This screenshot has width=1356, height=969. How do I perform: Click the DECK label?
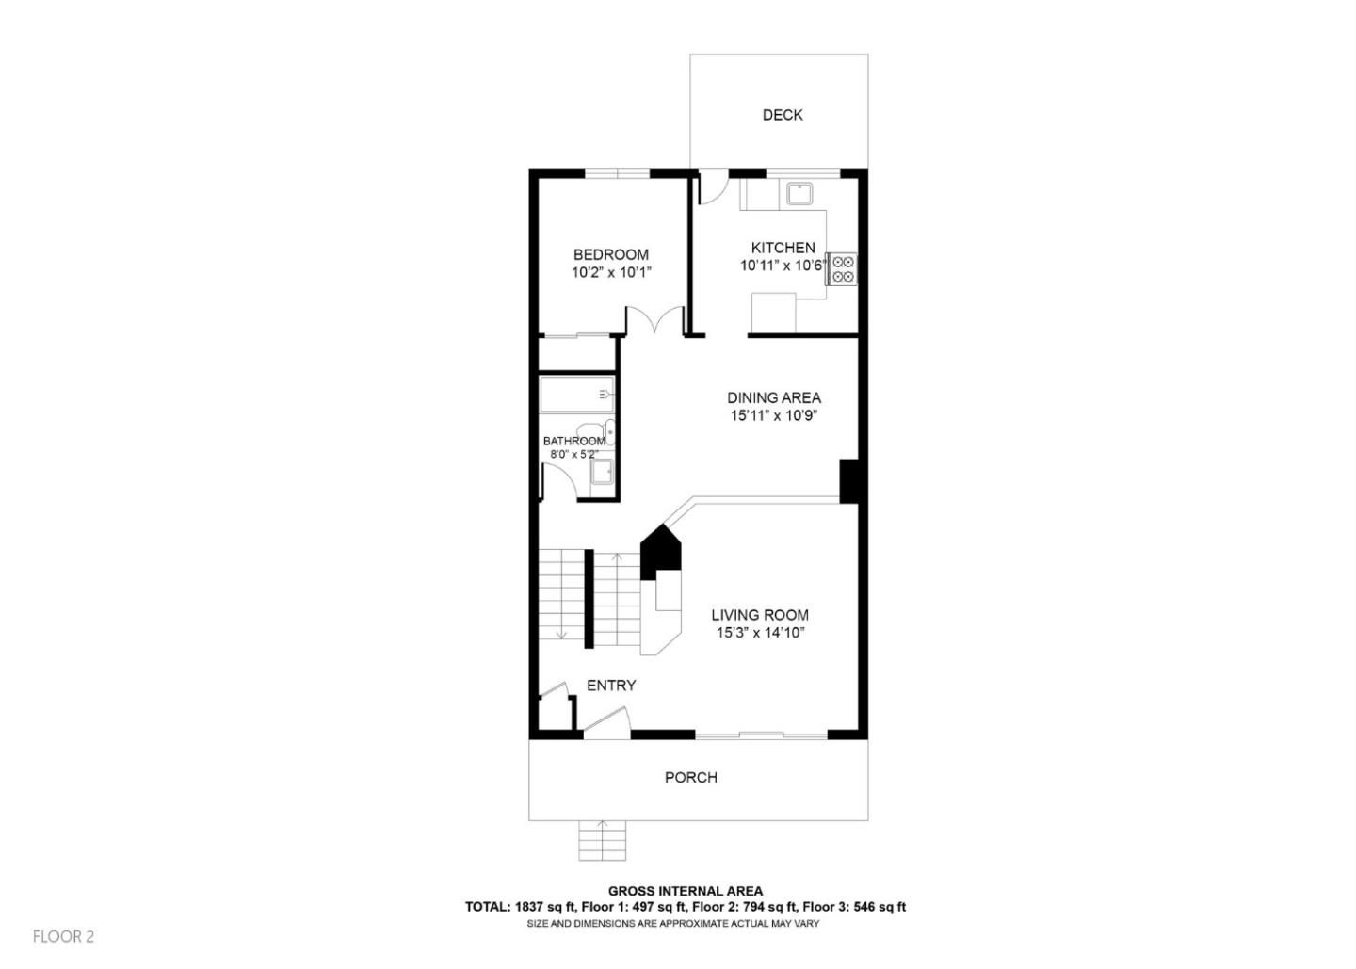point(782,115)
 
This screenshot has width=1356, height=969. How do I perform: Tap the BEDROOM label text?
point(611,254)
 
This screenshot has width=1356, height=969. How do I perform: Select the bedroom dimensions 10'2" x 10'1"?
point(611,272)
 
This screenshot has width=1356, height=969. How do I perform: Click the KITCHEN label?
point(783,248)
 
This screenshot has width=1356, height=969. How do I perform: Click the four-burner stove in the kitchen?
point(842,269)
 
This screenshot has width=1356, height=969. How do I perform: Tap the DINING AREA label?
point(773,397)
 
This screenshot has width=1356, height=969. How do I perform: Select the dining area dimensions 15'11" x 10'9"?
point(773,415)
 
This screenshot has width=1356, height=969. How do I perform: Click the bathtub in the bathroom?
point(577,394)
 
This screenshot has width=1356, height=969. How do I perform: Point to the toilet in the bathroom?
point(606,431)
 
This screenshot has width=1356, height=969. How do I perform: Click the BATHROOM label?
point(574,441)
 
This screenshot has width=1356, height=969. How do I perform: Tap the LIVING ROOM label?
point(759,615)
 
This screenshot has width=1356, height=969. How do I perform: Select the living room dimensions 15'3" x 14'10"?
point(759,633)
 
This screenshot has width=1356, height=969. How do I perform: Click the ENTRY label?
point(611,686)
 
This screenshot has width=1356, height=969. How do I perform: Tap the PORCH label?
point(690,777)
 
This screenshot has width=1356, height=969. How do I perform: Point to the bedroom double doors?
point(655,321)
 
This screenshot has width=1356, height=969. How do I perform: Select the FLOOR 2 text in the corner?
point(63,936)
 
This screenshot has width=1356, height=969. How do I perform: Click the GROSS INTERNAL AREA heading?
point(685,891)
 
